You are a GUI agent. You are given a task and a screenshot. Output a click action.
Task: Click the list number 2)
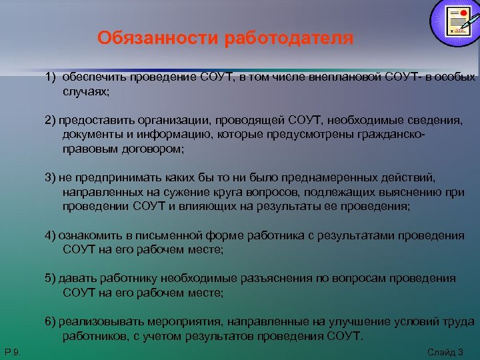(51, 119)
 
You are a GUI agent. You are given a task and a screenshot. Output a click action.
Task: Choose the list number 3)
(51, 178)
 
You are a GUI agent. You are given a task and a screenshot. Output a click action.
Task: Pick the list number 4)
(51, 236)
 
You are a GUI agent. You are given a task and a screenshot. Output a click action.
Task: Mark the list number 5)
(51, 279)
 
